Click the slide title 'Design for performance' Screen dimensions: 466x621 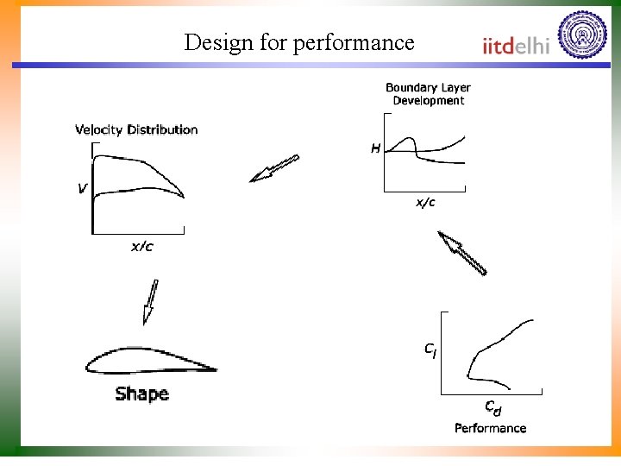299,42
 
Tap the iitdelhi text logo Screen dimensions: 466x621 515,46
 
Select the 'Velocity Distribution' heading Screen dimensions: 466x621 136,130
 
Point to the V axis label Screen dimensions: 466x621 82,187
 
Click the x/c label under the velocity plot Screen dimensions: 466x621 142,248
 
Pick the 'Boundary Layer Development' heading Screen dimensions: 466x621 428,94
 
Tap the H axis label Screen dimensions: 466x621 375,148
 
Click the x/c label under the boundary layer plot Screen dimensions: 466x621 426,203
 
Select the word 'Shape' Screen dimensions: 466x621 141,394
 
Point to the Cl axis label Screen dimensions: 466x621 430,350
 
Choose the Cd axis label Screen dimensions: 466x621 492,406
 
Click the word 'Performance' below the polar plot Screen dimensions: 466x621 490,428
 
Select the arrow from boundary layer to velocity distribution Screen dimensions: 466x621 273,168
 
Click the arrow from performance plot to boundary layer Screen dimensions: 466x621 462,253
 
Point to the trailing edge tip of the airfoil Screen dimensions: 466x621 215,370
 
